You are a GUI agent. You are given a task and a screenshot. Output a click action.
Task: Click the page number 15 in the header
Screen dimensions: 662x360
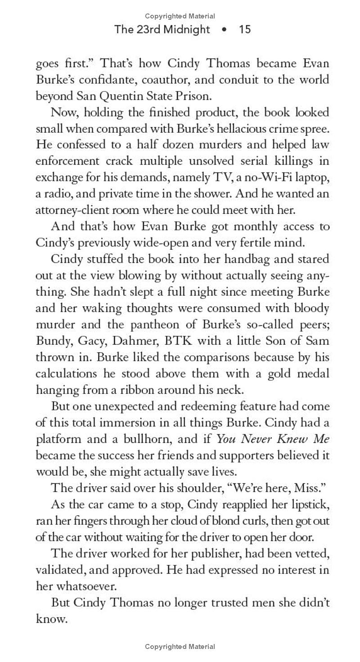pos(245,30)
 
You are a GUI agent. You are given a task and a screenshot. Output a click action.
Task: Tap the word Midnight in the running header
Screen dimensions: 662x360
pos(185,30)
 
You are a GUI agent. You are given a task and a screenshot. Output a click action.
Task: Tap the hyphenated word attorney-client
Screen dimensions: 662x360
pos(72,210)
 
